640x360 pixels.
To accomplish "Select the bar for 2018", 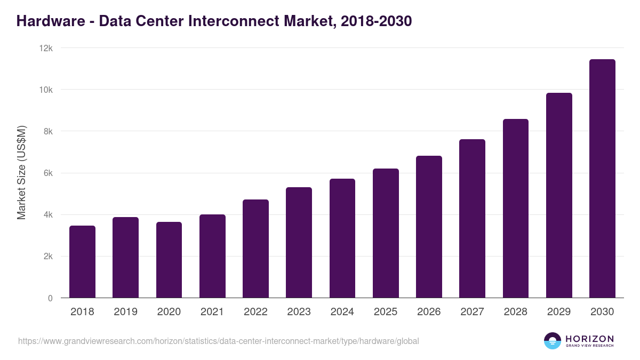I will tap(82, 262).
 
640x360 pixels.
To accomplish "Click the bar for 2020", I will tap(169, 260).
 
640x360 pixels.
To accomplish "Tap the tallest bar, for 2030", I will tap(602, 179).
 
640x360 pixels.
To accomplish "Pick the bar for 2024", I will tap(342, 238).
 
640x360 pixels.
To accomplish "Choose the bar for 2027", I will tap(472, 219).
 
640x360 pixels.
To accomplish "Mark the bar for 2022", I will tap(255, 249).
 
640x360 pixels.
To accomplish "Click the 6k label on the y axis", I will tap(47, 173).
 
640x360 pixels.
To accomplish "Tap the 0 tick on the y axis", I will tap(50, 298).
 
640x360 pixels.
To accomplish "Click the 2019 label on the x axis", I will tap(125, 312).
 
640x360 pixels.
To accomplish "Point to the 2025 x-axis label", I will tap(386, 312).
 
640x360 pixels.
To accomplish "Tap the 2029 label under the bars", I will tap(559, 312).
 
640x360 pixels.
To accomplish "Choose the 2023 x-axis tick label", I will tap(299, 312).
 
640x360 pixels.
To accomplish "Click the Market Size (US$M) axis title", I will tap(21, 173).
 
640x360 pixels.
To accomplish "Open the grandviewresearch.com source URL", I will tap(219, 341).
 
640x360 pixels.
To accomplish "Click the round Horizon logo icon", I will tap(553, 341).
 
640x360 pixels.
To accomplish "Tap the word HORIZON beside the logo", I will tap(589, 339).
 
